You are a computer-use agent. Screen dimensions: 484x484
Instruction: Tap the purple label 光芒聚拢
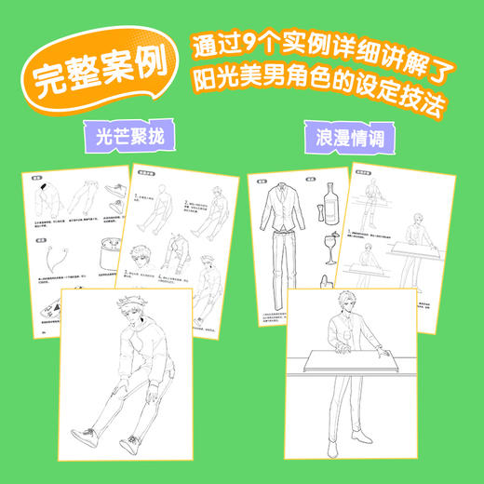point(128,136)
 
